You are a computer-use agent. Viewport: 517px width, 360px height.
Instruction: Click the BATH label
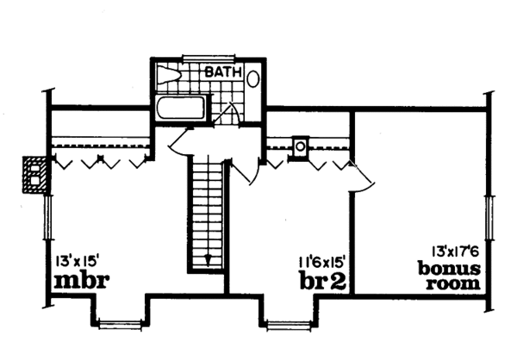(223, 71)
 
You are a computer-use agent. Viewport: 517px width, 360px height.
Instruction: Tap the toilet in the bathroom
(168, 75)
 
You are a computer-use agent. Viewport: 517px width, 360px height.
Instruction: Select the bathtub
(181, 108)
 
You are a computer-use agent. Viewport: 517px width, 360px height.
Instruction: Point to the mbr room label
(81, 281)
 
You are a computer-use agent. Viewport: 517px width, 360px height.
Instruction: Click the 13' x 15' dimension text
(78, 262)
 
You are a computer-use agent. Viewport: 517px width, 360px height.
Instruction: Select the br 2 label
(322, 281)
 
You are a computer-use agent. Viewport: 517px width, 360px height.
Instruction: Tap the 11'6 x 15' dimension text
(322, 263)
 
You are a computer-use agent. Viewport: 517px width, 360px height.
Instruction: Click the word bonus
(449, 269)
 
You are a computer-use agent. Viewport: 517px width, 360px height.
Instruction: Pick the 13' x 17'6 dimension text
(455, 251)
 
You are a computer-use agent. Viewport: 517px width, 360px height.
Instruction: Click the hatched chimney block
(34, 175)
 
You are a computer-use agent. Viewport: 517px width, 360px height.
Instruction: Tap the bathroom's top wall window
(209, 58)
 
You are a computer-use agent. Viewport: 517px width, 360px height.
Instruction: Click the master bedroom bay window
(121, 324)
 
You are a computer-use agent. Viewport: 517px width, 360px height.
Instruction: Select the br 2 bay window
(288, 325)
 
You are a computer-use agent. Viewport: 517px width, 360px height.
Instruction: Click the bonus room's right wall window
(489, 216)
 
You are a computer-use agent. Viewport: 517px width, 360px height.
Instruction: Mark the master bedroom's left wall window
(48, 216)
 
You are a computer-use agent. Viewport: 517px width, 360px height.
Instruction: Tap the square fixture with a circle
(300, 146)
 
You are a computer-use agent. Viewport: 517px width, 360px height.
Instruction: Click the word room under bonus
(452, 283)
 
